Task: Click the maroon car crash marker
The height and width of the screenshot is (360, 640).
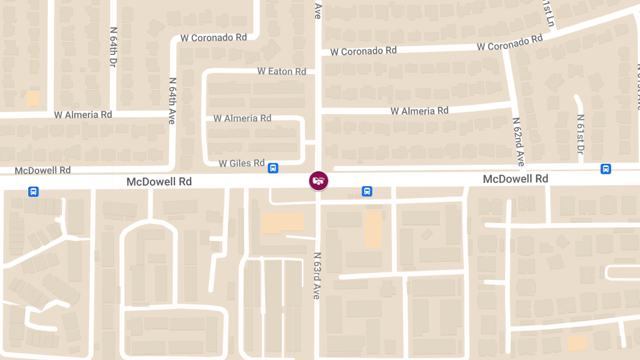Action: coord(318,180)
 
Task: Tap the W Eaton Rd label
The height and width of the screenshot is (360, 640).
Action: coord(282,71)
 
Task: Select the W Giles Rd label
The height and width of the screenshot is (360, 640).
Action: coord(242,163)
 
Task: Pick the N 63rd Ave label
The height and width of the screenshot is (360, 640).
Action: coord(317,275)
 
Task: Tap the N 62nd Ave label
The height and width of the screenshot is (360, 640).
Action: coord(518,141)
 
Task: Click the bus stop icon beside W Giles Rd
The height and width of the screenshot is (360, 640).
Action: coord(273,168)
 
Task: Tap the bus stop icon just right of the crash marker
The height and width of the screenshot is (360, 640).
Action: coord(367,191)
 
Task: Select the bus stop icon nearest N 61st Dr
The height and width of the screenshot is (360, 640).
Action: coord(605,169)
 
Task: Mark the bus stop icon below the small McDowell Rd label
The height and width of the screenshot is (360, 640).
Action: coord(33,191)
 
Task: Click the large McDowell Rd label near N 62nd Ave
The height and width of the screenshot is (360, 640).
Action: coord(515,179)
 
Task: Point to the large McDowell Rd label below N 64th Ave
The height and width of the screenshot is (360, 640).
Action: coord(159,182)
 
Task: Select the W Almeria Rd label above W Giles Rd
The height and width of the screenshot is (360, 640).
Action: coord(242,118)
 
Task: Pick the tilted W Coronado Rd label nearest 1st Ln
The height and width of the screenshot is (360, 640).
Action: coord(509,43)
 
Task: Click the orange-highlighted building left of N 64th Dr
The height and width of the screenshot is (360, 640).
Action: coord(33,98)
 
